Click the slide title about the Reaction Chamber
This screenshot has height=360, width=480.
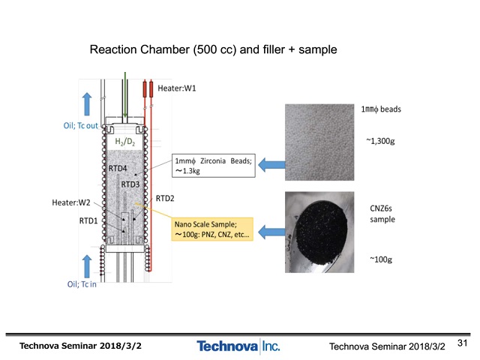[x=213, y=49]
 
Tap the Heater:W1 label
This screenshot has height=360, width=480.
[x=177, y=88]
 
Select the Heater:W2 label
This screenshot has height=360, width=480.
[x=71, y=202]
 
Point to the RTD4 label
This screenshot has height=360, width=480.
[x=118, y=168]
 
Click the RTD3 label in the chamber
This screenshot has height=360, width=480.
[x=130, y=184]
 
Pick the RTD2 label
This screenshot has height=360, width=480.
[x=165, y=199]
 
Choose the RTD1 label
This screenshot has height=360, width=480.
[x=88, y=220]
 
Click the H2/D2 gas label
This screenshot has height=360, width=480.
[x=125, y=142]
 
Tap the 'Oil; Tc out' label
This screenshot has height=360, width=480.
[x=80, y=126]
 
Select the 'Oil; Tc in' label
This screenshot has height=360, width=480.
[x=82, y=284]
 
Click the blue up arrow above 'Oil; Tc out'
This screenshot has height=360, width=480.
[x=87, y=104]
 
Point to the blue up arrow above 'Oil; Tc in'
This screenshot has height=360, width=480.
[x=87, y=266]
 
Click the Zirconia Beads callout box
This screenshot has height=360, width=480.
[x=213, y=166]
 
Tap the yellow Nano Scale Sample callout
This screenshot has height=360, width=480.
[x=212, y=229]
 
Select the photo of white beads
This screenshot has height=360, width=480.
[x=319, y=142]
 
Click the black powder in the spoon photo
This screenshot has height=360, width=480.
[x=322, y=232]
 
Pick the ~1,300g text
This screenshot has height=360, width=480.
[x=380, y=141]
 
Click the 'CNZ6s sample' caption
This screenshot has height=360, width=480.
[x=382, y=214]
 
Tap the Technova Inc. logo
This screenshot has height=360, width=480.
[x=238, y=346]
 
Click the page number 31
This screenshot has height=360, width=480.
[x=462, y=343]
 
